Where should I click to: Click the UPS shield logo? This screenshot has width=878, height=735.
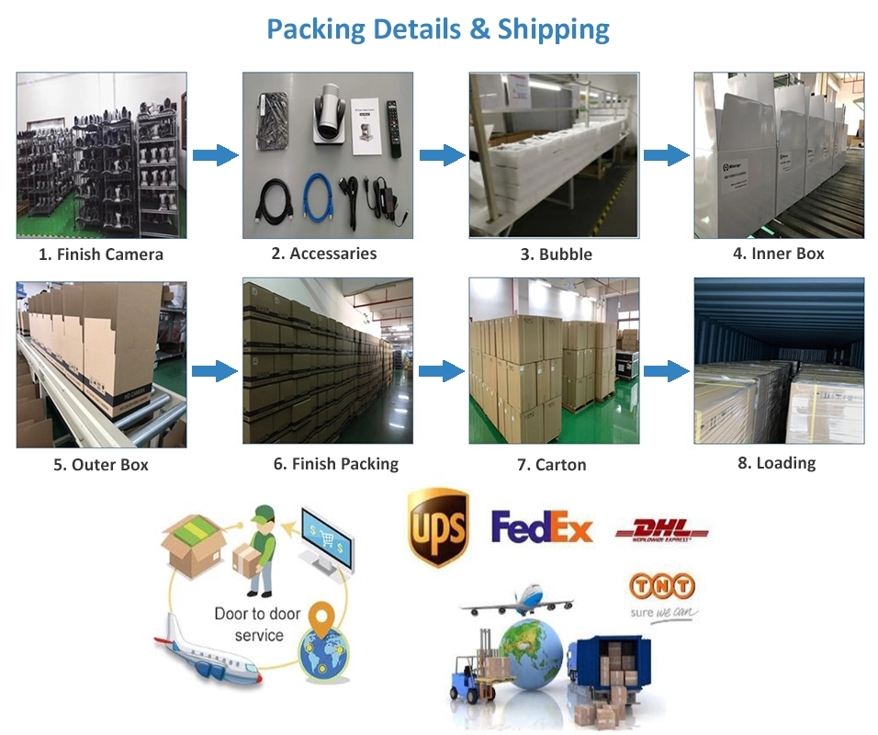tap(438, 527)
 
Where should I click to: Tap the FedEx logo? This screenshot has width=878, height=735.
tap(542, 526)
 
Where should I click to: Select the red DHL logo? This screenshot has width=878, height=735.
tap(661, 530)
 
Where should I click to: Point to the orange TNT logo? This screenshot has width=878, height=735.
tap(661, 585)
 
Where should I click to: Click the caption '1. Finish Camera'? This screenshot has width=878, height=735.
tap(101, 254)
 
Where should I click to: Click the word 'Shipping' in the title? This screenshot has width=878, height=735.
tap(553, 28)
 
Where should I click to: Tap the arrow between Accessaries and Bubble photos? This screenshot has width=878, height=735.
tap(442, 154)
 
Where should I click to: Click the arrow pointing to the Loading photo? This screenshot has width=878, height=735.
tap(666, 370)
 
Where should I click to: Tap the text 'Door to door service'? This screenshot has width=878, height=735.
tap(257, 624)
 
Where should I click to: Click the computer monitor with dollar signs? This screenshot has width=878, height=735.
tap(328, 536)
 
